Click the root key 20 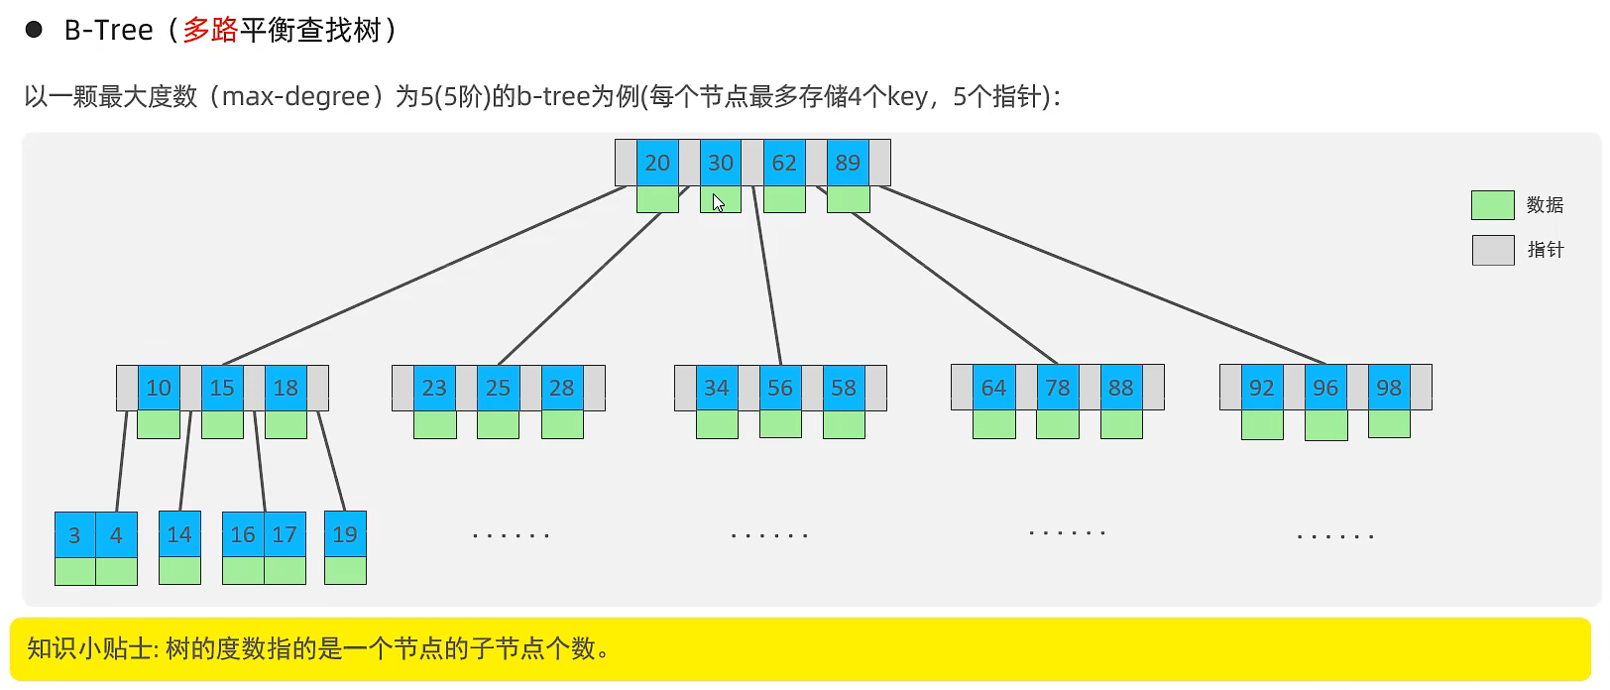click(657, 163)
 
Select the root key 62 click(784, 163)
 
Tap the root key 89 click(848, 163)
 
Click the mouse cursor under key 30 click(718, 202)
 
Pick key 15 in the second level click(222, 388)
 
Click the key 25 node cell click(498, 388)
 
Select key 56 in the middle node click(780, 388)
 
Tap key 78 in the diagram click(1058, 388)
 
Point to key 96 click(1325, 388)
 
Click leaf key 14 click(179, 534)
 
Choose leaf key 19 click(345, 534)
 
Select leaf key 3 click(74, 535)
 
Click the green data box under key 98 click(1389, 424)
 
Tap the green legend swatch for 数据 click(1492, 205)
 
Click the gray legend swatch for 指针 click(1492, 250)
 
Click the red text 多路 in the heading click(210, 30)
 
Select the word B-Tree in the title click(108, 31)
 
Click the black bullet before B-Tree click(34, 30)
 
